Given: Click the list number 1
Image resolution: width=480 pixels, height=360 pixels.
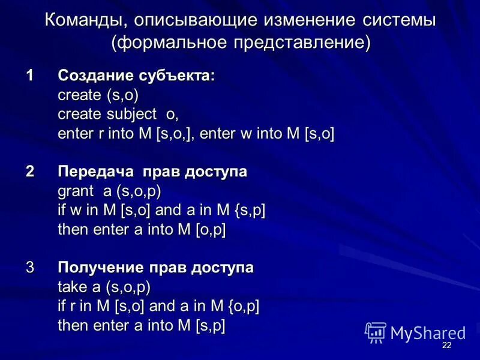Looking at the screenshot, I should point(29,76).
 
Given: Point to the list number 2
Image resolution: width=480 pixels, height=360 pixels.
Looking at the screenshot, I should point(29,172).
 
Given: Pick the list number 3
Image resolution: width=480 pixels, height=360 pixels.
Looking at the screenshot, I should point(29,268).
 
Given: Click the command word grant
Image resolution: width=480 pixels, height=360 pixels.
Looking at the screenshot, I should point(76,191).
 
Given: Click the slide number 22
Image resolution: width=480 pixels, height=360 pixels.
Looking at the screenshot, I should point(446,346).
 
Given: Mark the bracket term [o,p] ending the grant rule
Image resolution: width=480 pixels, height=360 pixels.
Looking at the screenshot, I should point(210,230).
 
